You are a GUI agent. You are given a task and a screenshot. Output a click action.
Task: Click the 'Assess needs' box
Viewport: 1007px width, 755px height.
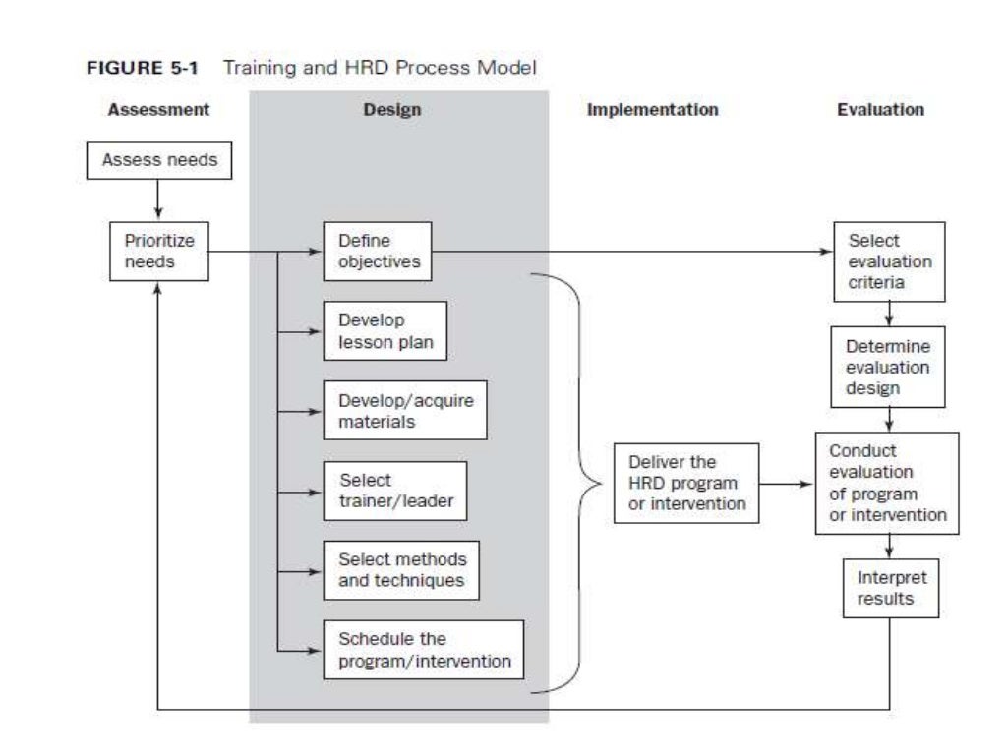pos(159,160)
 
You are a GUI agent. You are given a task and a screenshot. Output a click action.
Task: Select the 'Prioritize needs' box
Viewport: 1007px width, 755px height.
pos(159,251)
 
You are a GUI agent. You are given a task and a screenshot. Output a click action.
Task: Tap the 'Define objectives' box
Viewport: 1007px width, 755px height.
pos(378,251)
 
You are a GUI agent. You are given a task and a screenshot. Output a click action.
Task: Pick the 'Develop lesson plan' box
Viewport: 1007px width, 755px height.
pos(385,331)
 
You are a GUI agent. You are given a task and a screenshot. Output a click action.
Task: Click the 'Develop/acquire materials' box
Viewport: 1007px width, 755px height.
pos(404,411)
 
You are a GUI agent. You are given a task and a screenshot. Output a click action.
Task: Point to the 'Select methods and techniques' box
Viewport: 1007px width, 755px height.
pos(402,570)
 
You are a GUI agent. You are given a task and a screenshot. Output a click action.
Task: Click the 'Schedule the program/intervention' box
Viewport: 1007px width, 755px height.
pos(424,650)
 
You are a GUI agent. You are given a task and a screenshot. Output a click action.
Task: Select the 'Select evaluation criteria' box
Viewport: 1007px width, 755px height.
pos(889,261)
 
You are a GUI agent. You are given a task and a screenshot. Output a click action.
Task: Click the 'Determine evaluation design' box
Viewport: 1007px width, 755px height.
pos(888,368)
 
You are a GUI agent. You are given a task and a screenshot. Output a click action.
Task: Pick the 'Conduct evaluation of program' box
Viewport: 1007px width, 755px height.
pos(887,483)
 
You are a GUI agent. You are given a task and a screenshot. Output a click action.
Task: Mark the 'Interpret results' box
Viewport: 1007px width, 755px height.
pos(891,588)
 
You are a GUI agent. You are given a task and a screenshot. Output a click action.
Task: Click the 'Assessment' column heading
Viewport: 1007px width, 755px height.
pos(158,110)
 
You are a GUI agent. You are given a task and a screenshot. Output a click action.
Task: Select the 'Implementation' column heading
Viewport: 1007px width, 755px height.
pos(652,110)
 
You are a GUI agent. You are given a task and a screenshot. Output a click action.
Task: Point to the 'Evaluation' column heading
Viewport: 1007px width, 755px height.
pos(880,110)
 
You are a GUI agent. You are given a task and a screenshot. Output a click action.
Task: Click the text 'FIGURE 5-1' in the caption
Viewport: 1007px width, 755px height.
pos(147,69)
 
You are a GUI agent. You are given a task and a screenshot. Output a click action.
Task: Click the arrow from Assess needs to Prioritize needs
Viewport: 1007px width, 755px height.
pos(158,201)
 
